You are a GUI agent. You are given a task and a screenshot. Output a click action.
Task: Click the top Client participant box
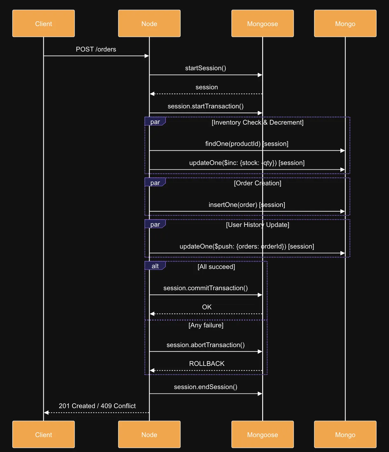coord(44,24)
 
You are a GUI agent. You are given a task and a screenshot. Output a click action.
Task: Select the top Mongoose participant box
coord(263,24)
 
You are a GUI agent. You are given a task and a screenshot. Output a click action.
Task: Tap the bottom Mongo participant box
coord(345,435)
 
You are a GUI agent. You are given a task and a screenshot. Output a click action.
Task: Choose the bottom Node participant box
coord(149,435)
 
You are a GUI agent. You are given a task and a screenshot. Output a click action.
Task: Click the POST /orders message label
coord(96,49)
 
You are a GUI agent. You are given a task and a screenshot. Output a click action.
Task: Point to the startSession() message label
coord(206,68)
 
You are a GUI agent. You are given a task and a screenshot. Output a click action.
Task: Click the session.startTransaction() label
coord(206,106)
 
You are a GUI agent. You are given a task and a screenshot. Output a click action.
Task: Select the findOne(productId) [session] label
coord(247,144)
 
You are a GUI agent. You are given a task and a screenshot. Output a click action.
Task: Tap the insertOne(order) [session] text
coord(247,205)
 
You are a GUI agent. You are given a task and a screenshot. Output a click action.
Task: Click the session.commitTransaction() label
coord(206,288)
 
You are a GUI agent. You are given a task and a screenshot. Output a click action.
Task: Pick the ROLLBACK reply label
coord(207,364)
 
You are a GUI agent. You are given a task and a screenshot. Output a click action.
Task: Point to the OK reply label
coord(207,307)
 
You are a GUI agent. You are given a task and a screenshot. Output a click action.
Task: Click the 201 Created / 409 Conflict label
coord(97,406)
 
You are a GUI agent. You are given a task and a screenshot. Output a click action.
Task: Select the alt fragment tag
coord(155,266)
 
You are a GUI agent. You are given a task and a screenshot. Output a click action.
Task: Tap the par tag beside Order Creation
coord(155,183)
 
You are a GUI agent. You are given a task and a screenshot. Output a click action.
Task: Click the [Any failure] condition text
coord(206,325)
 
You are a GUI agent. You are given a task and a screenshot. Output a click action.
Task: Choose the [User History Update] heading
coord(257,225)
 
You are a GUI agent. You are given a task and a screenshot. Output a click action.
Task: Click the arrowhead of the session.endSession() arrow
coord(260,394)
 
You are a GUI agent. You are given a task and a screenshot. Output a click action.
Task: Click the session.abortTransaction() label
coord(206,345)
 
